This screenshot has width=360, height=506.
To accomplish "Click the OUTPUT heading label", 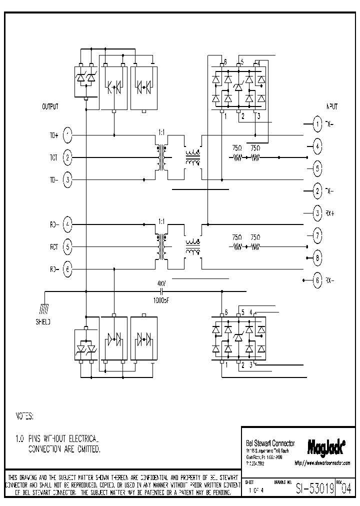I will pyautogui.click(x=50, y=106).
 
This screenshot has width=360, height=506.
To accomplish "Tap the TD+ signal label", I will pyautogui.click(x=53, y=135).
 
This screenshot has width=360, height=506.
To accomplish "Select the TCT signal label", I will pyautogui.click(x=53, y=157).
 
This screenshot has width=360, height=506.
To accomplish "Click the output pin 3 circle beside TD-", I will pyautogui.click(x=68, y=179).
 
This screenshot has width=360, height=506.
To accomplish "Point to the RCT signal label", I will pyautogui.click(x=53, y=246).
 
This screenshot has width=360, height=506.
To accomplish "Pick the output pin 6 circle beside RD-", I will pyautogui.click(x=68, y=269).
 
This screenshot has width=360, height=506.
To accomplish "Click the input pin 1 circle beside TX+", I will pyautogui.click(x=317, y=124).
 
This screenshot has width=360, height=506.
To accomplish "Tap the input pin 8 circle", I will pyautogui.click(x=317, y=258).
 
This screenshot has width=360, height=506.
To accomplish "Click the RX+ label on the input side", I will pyautogui.click(x=329, y=212).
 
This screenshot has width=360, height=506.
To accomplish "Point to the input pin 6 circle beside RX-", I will pyautogui.click(x=317, y=280).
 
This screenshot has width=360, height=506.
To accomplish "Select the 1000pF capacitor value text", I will pyautogui.click(x=162, y=300).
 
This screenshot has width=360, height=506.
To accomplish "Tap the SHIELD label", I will pyautogui.click(x=42, y=322).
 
